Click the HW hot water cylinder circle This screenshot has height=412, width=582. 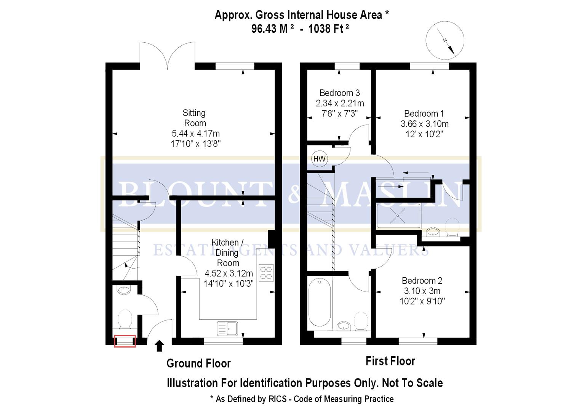pos(319,158)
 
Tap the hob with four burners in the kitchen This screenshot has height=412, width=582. pos(266,273)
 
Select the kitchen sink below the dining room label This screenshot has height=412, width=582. pos(227,328)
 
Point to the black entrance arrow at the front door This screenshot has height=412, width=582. pos(159,346)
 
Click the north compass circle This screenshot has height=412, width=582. pos(445,40)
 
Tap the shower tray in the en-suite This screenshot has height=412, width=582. pos(398,216)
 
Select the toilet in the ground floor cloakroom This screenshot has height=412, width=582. pos(125,319)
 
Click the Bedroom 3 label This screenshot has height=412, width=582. pos(340,93)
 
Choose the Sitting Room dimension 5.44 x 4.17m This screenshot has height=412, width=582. pos(196,134)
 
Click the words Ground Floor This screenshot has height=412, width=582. pos(198,363)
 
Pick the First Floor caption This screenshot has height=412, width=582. pos(390,361)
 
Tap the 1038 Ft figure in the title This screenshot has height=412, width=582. pos(328,29)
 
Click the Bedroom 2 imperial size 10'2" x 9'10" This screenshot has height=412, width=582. pos(422,301)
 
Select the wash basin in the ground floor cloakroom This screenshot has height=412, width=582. pos(124,290)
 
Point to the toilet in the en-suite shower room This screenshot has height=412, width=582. pos(452,227)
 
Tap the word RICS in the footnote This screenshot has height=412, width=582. pos(278,399)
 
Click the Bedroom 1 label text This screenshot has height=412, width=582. pos(424,113)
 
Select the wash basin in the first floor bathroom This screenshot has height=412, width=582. pos(344,325)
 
